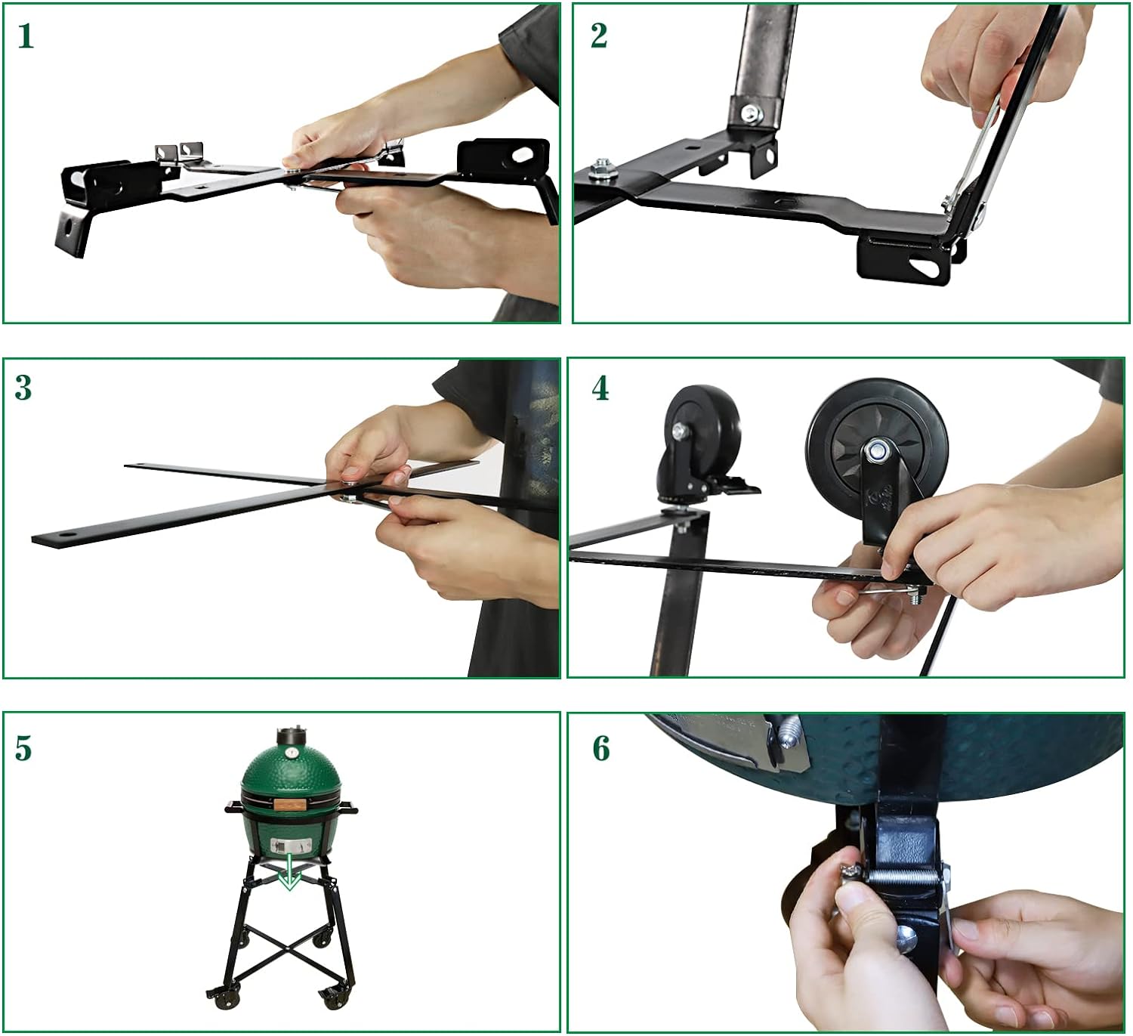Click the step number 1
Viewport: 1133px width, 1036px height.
point(26,37)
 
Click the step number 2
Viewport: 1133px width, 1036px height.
point(599,36)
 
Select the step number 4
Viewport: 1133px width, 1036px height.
point(600,388)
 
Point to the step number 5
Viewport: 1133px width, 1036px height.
point(23,748)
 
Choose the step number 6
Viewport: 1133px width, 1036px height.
point(601,748)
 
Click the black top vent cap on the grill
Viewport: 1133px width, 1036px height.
point(290,735)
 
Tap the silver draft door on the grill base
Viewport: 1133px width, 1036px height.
point(290,846)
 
